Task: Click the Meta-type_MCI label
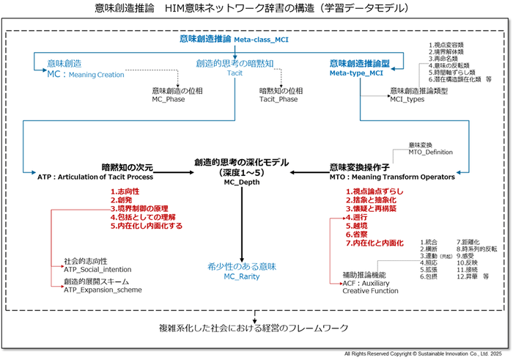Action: pyautogui.click(x=357, y=73)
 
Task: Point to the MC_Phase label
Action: pyautogui.click(x=169, y=99)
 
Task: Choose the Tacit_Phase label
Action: pyautogui.click(x=278, y=99)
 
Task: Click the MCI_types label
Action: pyautogui.click(x=408, y=99)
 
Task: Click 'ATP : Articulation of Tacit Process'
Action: pyautogui.click(x=95, y=177)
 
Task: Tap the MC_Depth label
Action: pyautogui.click(x=241, y=183)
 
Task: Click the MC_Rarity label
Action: pyautogui.click(x=241, y=278)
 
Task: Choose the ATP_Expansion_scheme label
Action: pyautogui.click(x=102, y=290)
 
